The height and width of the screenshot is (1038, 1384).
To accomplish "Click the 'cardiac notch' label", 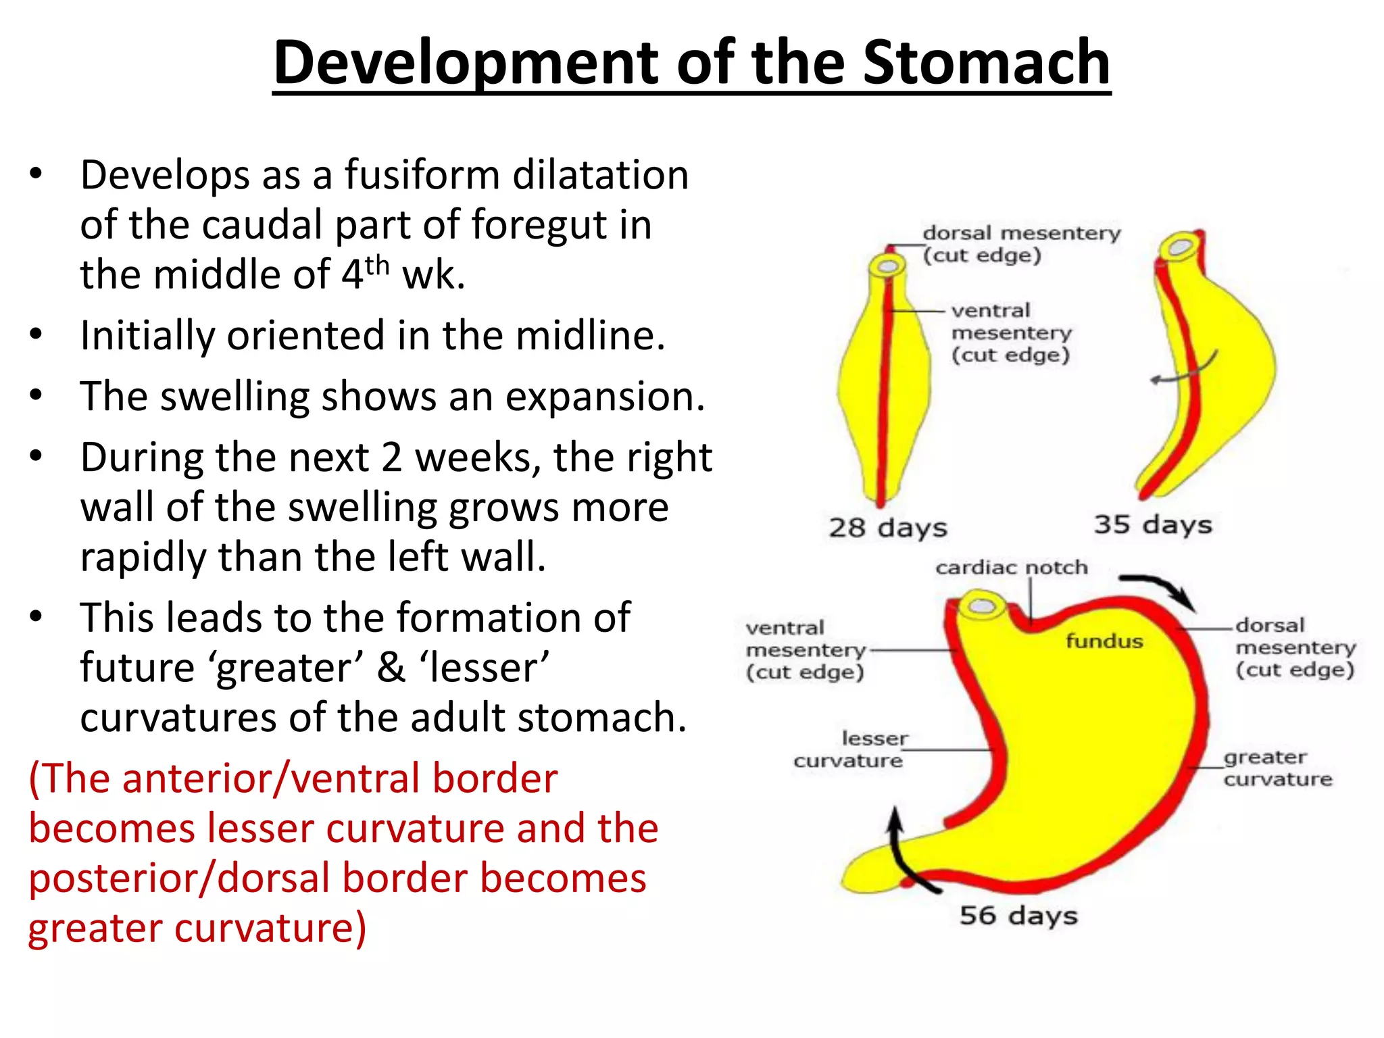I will click(1011, 568).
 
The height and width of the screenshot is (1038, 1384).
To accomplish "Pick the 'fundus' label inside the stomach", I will click(1104, 641).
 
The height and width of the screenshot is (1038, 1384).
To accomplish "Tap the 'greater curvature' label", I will click(1277, 768).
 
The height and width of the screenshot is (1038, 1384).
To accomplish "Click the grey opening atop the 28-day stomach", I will click(888, 266).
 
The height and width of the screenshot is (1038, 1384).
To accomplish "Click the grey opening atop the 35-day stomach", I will click(1181, 247).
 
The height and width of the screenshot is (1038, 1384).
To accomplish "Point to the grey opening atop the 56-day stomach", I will click(981, 605).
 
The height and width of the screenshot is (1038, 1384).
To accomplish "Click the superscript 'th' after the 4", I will click(377, 265).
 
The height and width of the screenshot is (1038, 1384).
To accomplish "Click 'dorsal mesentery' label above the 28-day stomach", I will click(1021, 234).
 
